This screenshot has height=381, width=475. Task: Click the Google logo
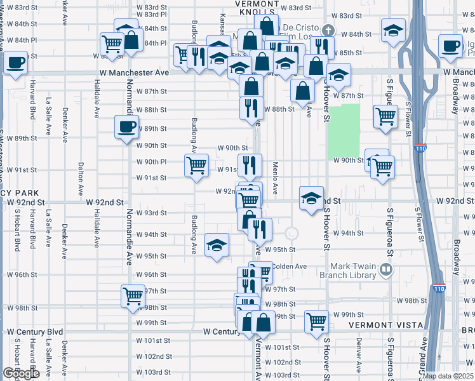(20, 373)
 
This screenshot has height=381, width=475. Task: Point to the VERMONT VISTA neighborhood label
(386, 325)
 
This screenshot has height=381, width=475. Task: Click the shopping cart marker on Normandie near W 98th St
(133, 295)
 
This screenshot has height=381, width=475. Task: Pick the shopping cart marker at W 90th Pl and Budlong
(196, 165)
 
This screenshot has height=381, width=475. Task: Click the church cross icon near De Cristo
(327, 30)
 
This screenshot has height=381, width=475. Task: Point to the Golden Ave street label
(291, 266)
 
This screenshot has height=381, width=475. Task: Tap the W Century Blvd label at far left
(35, 331)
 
